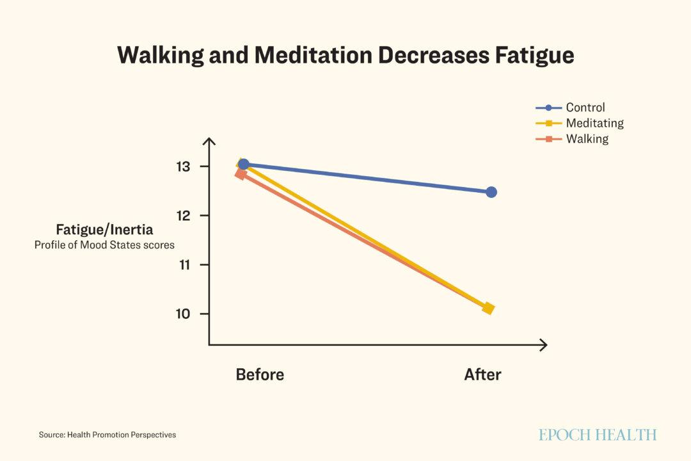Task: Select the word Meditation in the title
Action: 312,55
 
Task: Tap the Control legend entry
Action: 585,108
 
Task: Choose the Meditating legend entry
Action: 594,123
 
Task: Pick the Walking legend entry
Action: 587,138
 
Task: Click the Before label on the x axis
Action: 260,375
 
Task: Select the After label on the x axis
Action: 482,375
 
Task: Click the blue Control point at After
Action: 491,192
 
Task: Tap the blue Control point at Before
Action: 244,165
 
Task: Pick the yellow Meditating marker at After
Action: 488,309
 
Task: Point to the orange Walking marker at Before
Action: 241,174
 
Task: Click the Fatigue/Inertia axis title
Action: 104,230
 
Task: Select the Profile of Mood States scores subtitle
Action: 104,245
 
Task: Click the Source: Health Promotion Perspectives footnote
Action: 107,435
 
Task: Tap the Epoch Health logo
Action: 597,435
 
